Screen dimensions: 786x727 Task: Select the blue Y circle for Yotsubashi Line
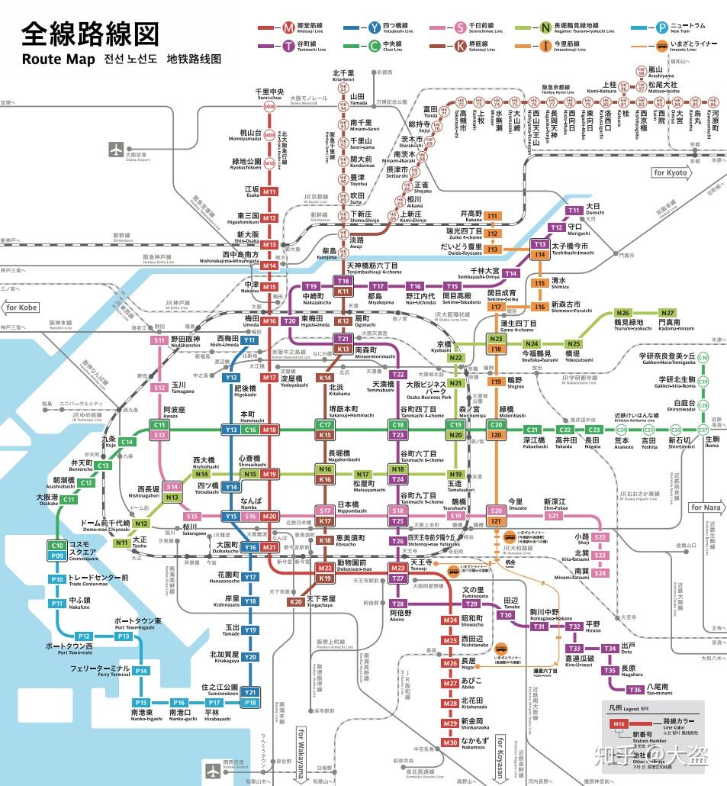374,27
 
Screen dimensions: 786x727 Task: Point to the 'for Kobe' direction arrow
21,308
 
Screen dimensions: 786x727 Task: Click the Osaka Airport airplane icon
116,148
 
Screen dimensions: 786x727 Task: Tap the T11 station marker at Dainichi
574,211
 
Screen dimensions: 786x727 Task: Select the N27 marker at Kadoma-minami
668,313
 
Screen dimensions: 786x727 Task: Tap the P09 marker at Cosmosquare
57,556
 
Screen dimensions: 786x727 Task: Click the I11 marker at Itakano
493,216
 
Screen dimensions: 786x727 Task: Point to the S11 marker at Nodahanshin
159,340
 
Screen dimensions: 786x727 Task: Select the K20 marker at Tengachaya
296,602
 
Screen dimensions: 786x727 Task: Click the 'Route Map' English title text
58,60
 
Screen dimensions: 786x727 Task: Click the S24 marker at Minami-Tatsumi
600,572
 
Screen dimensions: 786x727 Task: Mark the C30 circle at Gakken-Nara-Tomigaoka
703,358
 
